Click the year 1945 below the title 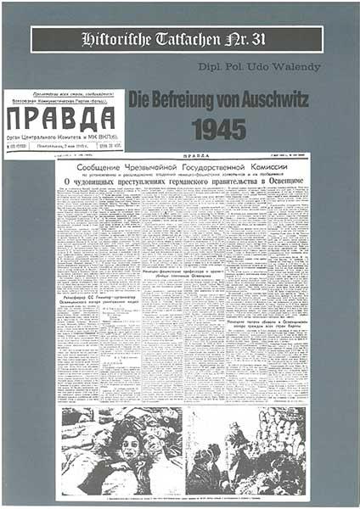pos(219,129)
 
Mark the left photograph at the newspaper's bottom pos(121,450)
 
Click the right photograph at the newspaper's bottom pos(247,450)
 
